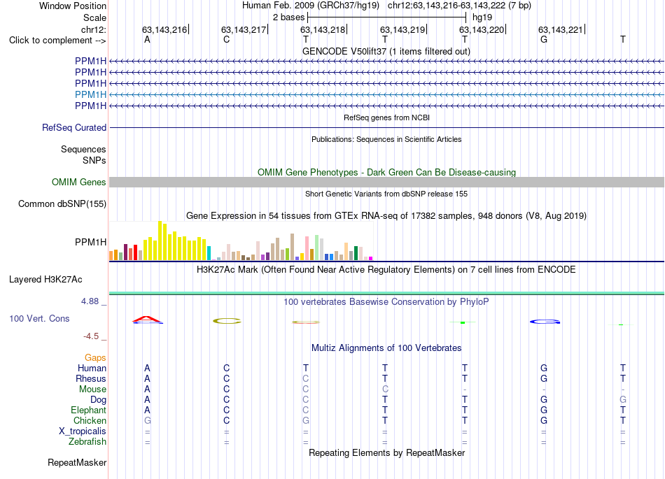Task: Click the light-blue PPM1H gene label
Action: coord(90,94)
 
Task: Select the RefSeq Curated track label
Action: coord(74,127)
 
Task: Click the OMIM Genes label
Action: coord(79,182)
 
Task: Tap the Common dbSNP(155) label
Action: coord(62,203)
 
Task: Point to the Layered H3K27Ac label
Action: coord(45,280)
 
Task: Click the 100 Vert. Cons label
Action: coord(39,318)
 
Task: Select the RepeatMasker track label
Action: coord(77,462)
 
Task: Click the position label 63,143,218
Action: coord(323,29)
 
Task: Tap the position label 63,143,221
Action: coord(561,29)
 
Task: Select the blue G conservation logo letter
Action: coord(545,322)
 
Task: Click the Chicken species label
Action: coord(90,420)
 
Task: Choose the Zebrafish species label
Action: coord(87,441)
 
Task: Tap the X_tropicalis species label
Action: coord(83,431)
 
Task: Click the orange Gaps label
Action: coord(95,358)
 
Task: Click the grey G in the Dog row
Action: coord(622,399)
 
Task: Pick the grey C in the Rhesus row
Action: coord(306,378)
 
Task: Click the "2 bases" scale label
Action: coord(289,17)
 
